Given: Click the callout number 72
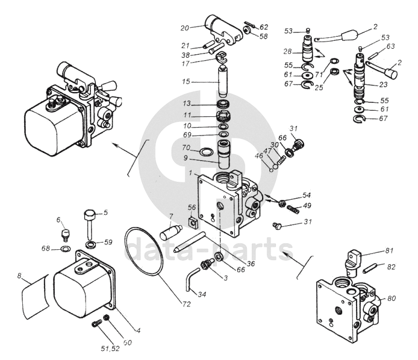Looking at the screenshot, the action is pyautogui.click(x=187, y=304).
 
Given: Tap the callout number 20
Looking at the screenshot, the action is pyautogui.click(x=185, y=28).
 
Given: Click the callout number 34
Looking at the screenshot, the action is pyautogui.click(x=202, y=294).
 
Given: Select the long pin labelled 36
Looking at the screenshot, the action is pyautogui.click(x=190, y=241).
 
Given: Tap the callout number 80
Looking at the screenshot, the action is pyautogui.click(x=391, y=298).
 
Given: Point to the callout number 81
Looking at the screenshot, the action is pyautogui.click(x=389, y=251).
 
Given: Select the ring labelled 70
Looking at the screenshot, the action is pyautogui.click(x=206, y=152).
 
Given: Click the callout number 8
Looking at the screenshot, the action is pyautogui.click(x=19, y=276).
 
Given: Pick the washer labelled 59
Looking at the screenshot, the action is pyautogui.click(x=91, y=244).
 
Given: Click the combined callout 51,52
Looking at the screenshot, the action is pyautogui.click(x=110, y=349).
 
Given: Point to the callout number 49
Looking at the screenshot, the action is pyautogui.click(x=307, y=206).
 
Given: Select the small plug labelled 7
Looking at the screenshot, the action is pyautogui.click(x=171, y=232).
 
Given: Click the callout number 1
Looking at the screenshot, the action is pyautogui.click(x=190, y=173).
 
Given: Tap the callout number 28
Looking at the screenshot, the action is pyautogui.click(x=287, y=51).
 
